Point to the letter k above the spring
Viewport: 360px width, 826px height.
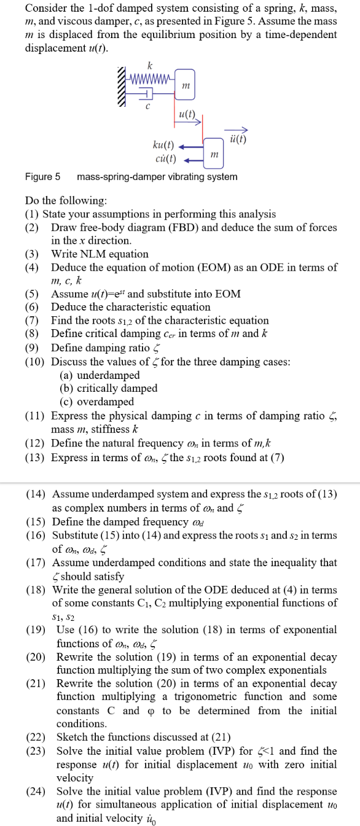click(x=150, y=65)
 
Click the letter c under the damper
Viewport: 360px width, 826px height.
click(x=147, y=106)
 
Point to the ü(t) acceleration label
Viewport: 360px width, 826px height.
click(x=237, y=138)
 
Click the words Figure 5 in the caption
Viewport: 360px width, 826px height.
click(x=42, y=177)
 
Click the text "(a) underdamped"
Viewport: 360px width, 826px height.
click(x=100, y=375)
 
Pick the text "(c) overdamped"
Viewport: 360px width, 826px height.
click(x=96, y=402)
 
